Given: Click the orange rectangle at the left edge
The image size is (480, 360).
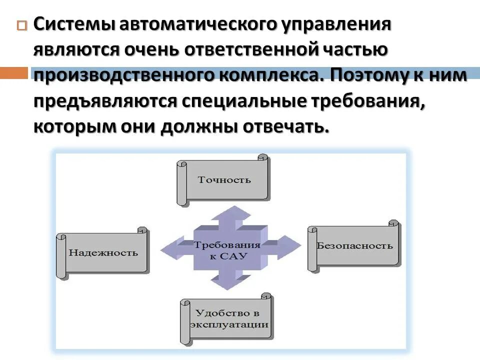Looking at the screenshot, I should click(x=13, y=73).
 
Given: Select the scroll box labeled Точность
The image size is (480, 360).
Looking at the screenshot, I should click(x=223, y=179).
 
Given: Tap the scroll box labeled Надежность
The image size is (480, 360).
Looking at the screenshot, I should click(x=103, y=252).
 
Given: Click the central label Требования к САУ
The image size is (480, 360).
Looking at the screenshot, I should click(x=227, y=249).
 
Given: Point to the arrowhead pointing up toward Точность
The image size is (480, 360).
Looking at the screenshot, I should click(x=229, y=213).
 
